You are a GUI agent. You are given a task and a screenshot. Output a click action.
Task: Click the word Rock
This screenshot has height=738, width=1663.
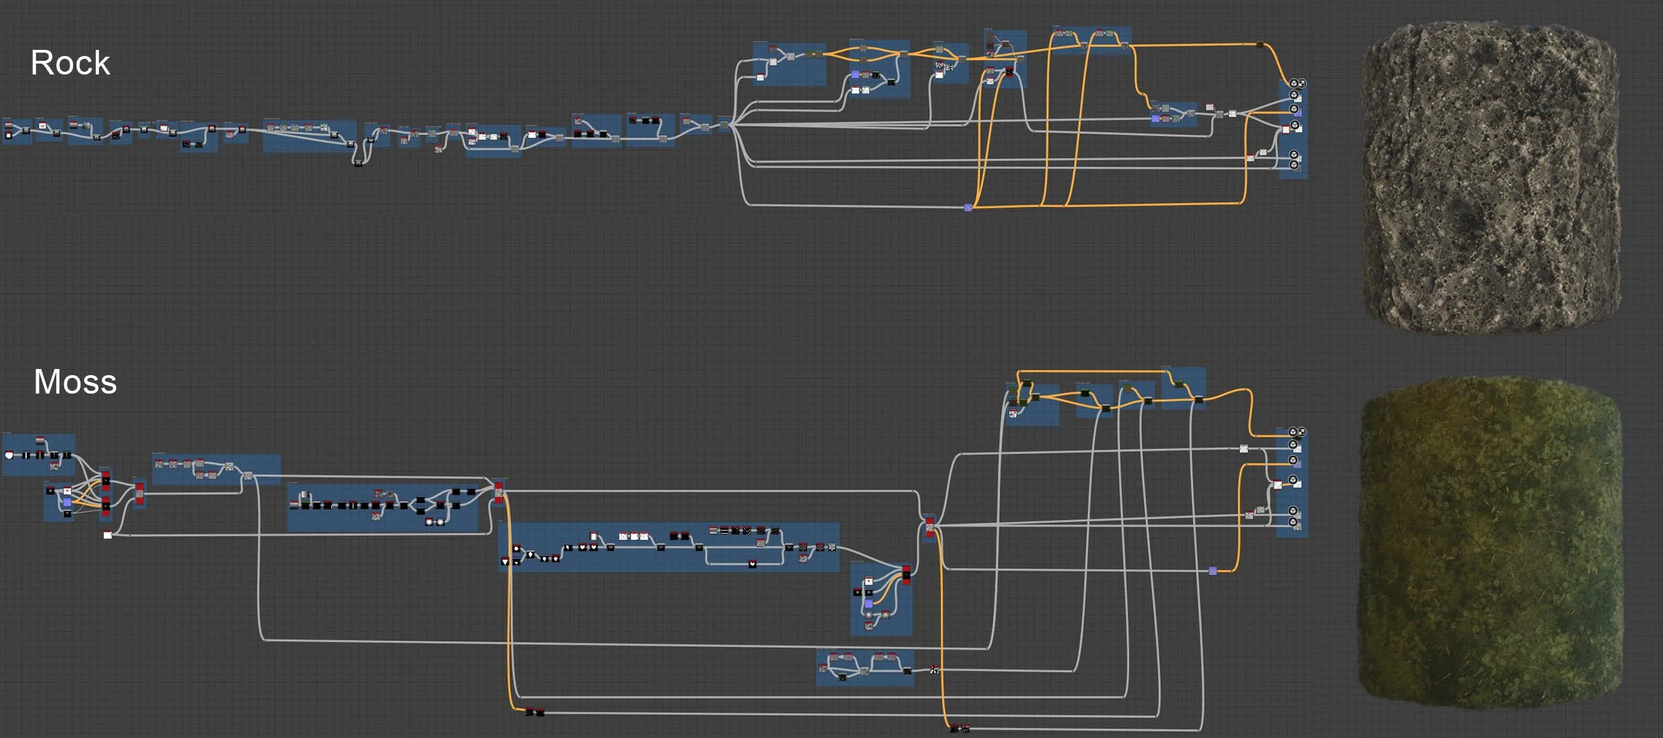(x=70, y=63)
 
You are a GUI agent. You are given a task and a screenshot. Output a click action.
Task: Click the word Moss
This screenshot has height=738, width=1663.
(x=75, y=381)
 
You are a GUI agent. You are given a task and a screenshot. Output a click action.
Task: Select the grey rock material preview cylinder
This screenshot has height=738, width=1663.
(x=1492, y=179)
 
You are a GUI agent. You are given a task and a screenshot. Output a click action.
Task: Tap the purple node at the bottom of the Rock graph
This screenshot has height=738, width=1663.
(x=968, y=207)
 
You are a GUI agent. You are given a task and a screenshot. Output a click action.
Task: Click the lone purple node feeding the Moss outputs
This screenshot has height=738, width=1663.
(x=1213, y=571)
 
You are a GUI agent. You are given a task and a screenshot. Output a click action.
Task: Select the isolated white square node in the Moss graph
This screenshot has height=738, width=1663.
(x=107, y=535)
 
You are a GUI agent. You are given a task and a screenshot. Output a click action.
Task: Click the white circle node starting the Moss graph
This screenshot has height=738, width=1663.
(x=9, y=455)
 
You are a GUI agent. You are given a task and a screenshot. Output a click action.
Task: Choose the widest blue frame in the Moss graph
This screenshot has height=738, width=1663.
(x=669, y=547)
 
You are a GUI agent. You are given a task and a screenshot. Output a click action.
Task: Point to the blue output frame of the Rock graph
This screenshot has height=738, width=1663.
(x=1293, y=129)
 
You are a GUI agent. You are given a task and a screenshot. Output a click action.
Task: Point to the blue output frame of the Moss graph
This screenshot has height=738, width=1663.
(x=1292, y=482)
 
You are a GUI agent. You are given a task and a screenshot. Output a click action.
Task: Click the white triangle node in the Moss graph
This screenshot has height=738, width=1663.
(x=505, y=562)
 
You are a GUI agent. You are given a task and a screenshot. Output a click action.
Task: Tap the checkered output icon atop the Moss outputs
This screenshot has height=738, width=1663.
(x=1302, y=432)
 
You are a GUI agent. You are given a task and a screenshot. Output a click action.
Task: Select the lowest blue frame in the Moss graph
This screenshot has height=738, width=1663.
(x=865, y=668)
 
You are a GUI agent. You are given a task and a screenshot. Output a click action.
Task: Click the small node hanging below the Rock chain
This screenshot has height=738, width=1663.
(x=358, y=163)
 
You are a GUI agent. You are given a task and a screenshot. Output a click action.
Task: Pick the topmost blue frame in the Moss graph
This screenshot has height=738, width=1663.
(x=1183, y=388)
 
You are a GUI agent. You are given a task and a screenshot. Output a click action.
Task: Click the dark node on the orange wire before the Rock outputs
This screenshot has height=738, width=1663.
(x=1259, y=45)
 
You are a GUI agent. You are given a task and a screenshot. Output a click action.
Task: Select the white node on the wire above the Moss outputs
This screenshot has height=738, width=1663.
(x=1243, y=449)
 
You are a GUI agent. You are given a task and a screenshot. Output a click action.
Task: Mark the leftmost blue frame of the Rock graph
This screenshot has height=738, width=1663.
(x=17, y=130)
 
